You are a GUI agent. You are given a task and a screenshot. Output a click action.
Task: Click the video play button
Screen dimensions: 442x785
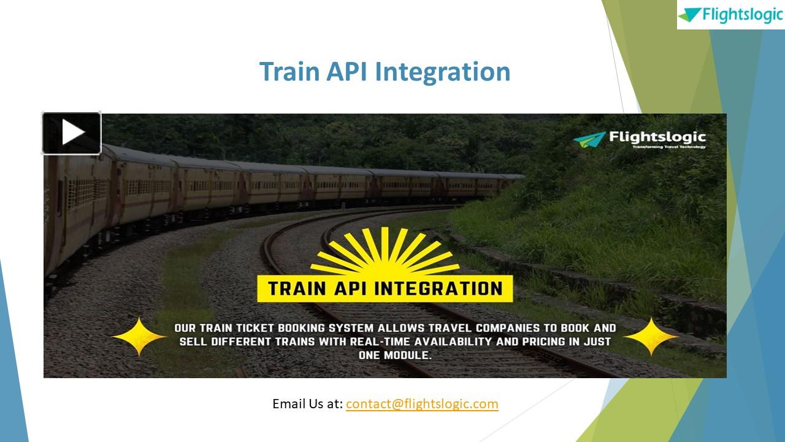(72, 133)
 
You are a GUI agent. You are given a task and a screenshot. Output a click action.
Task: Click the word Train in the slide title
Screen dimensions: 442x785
(289, 71)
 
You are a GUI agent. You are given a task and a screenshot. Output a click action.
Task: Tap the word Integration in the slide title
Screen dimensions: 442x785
(442, 71)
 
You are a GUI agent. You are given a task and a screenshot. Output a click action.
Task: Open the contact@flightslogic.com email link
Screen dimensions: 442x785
(422, 404)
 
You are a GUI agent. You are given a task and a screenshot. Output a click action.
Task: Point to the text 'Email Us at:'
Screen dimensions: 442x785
(307, 404)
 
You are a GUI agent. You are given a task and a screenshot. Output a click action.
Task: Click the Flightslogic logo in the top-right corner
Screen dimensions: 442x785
(730, 15)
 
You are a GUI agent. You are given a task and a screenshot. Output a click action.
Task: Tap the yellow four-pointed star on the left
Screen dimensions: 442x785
(139, 336)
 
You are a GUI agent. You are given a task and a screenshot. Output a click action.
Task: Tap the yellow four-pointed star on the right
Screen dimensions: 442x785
(651, 336)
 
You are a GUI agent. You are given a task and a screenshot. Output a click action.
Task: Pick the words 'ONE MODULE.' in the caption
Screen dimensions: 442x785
(395, 355)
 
